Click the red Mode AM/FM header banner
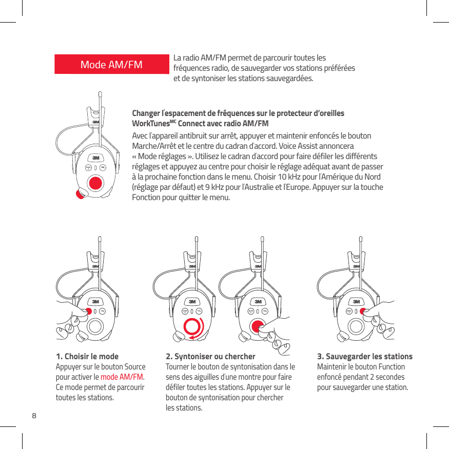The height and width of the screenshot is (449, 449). (x=112, y=65)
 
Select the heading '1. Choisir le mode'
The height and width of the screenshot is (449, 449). (x=87, y=357)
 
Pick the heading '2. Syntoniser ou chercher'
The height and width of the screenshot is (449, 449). (x=210, y=357)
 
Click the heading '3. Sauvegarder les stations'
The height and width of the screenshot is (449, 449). (x=365, y=357)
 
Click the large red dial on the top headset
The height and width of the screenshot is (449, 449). (x=95, y=183)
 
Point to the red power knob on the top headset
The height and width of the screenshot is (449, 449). (x=81, y=193)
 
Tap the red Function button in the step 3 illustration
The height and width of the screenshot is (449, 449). (x=362, y=311)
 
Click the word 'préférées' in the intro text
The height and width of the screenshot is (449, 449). (x=340, y=69)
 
